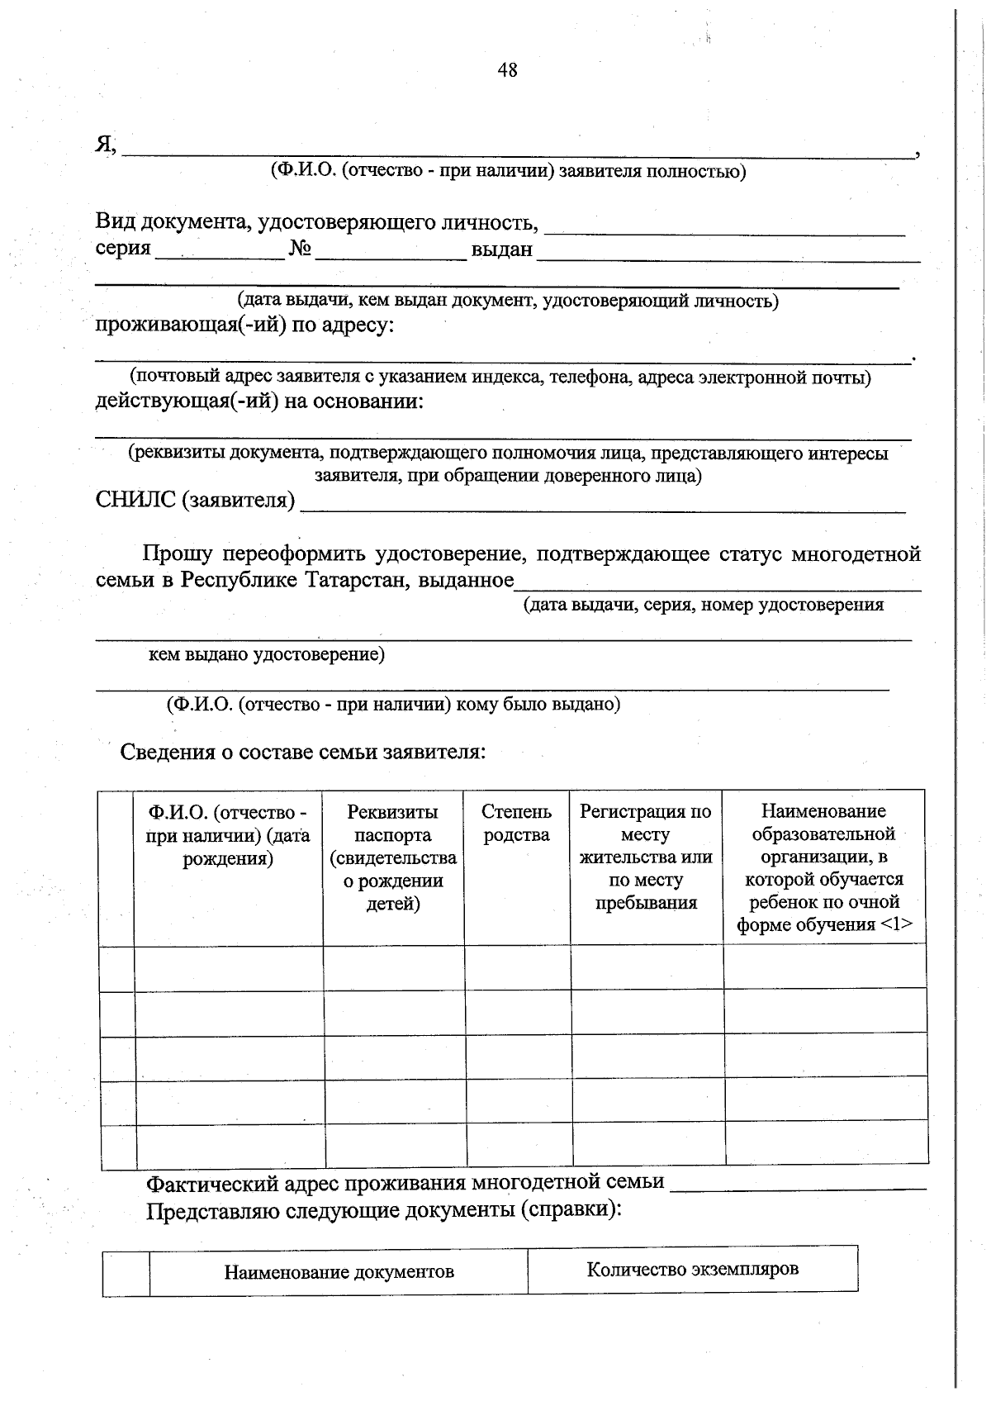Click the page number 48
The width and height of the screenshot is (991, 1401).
point(507,71)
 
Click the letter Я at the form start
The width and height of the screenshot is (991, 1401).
point(104,145)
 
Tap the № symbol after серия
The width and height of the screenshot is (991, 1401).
point(300,249)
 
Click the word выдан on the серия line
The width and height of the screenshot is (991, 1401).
point(501,249)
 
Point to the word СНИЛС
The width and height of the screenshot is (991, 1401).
point(135,500)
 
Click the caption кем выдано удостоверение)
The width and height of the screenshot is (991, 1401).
point(266,655)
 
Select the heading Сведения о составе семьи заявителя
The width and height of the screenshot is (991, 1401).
point(303,753)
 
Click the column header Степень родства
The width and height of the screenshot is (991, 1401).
point(516,824)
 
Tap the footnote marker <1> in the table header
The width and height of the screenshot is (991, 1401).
point(896,924)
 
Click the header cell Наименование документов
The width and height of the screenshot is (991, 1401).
point(339,1272)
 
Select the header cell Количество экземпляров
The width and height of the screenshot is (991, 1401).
point(692,1269)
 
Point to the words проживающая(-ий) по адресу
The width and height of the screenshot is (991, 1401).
point(244,325)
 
